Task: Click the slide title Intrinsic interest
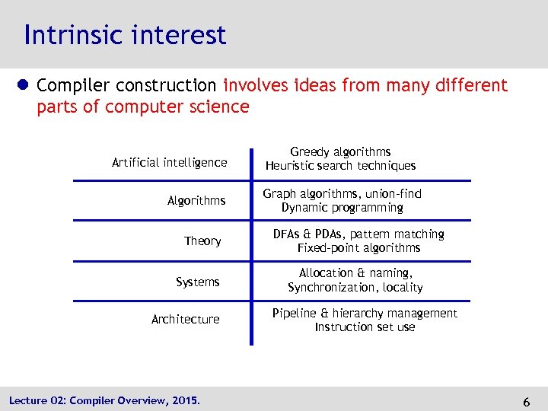[x=125, y=35]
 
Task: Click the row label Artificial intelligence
[x=169, y=162]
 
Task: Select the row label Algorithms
[x=196, y=201]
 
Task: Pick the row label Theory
[x=202, y=241]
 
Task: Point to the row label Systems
[x=198, y=282]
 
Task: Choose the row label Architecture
[x=185, y=320]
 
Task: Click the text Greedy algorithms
[x=340, y=152]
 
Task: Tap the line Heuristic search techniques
[x=340, y=166]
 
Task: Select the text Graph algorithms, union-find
[x=342, y=194]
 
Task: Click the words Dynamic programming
[x=342, y=208]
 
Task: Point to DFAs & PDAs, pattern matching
[x=358, y=234]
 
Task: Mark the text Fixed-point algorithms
[x=358, y=248]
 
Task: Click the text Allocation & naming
[x=355, y=273]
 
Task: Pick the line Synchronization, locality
[x=355, y=288]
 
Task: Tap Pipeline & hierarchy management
[x=365, y=314]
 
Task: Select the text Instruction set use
[x=365, y=327]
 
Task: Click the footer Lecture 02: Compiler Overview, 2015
[x=104, y=400]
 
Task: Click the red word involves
[x=255, y=86]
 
